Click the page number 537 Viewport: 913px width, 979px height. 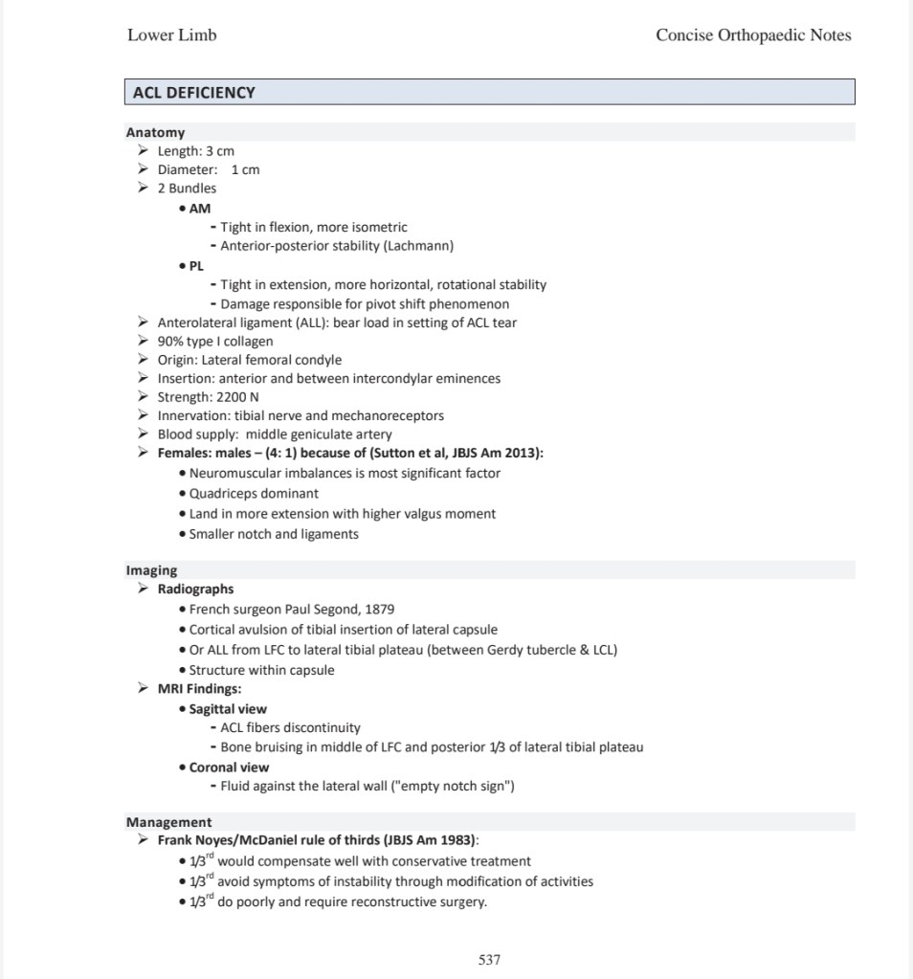[x=489, y=960]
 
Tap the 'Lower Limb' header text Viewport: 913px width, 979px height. [x=172, y=35]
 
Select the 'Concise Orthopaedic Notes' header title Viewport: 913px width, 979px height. [x=753, y=35]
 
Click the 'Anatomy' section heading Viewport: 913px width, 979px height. [x=155, y=133]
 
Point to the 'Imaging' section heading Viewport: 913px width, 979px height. [x=151, y=570]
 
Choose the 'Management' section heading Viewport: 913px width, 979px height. [x=168, y=822]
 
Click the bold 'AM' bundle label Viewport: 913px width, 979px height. [x=200, y=208]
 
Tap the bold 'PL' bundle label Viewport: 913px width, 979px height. [x=197, y=266]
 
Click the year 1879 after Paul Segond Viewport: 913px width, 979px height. [x=379, y=609]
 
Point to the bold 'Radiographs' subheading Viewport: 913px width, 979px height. [x=195, y=590]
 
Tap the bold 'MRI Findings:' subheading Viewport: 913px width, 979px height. [x=199, y=689]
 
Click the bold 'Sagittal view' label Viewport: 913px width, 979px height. [x=228, y=709]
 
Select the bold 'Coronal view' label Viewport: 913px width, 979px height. [x=229, y=768]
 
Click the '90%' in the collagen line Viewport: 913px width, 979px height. [x=171, y=342]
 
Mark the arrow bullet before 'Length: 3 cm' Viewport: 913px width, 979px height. [x=143, y=151]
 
